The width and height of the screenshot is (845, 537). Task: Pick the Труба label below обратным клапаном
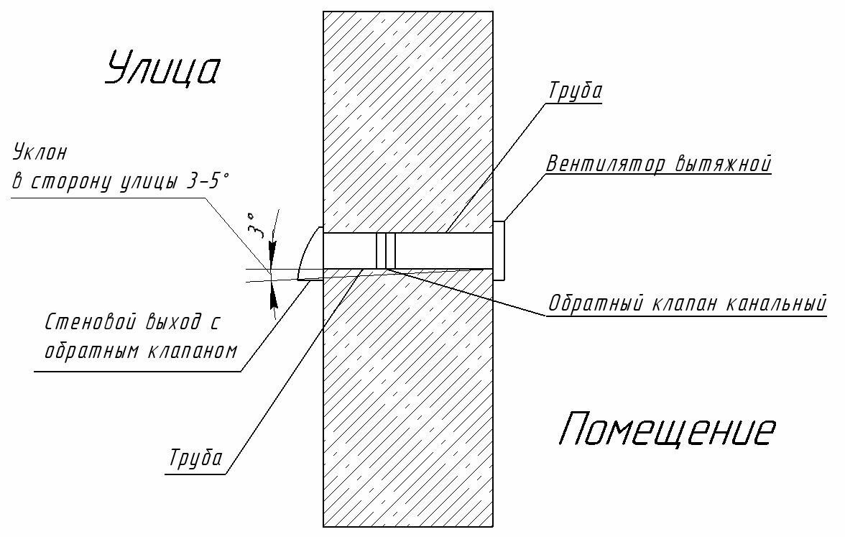coord(195,458)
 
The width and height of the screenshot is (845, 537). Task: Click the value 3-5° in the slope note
coord(206,181)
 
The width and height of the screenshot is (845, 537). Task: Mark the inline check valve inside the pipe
coord(387,251)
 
